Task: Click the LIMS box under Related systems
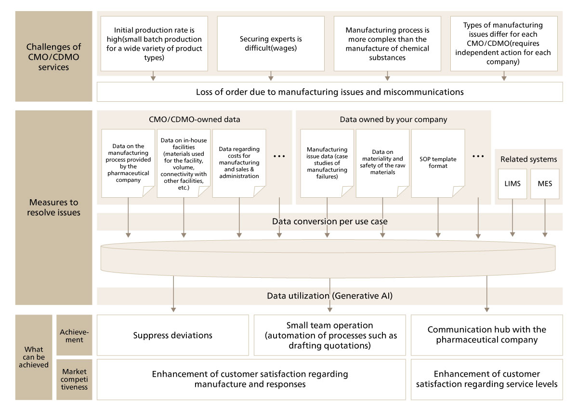(x=512, y=184)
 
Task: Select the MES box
(x=545, y=184)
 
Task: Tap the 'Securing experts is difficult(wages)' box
(x=271, y=43)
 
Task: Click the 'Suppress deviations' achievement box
(x=173, y=335)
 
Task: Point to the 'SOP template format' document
(x=438, y=163)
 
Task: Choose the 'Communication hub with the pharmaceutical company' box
(x=486, y=335)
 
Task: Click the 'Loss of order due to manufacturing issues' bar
(x=329, y=92)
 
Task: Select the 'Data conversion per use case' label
(x=329, y=222)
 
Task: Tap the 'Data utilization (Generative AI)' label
(x=329, y=296)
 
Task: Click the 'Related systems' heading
(x=528, y=159)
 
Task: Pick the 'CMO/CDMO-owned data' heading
(x=195, y=120)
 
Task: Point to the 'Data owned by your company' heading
(x=393, y=120)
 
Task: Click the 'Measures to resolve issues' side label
(x=53, y=207)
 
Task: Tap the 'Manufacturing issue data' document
(x=327, y=163)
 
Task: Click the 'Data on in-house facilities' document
(x=184, y=163)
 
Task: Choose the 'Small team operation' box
(x=329, y=335)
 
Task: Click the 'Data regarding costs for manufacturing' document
(x=239, y=163)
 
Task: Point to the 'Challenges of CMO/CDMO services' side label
(x=53, y=57)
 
